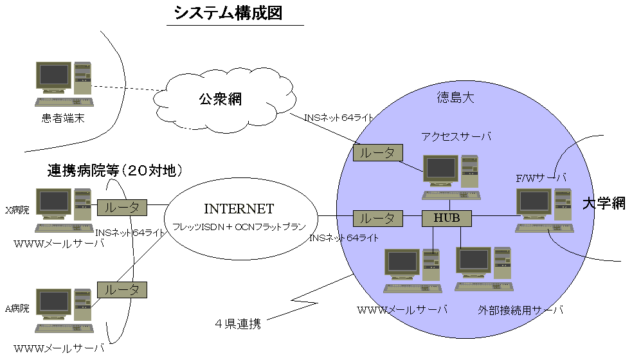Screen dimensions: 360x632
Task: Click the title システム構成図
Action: (x=228, y=13)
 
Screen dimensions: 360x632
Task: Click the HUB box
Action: (x=447, y=218)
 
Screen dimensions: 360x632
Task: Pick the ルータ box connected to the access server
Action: (x=378, y=152)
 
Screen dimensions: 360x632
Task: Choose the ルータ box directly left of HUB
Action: (x=378, y=218)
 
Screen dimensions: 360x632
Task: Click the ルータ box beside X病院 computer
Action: (x=122, y=208)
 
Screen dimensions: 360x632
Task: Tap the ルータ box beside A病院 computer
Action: (x=122, y=289)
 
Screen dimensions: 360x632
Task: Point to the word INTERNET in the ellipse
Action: (x=239, y=209)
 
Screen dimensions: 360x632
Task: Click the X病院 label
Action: (x=17, y=210)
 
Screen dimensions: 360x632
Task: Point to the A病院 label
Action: (x=17, y=309)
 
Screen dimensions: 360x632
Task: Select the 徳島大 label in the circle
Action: (x=455, y=98)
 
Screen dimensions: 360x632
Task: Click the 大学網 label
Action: (x=604, y=204)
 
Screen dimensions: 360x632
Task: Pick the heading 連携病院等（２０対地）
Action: (x=116, y=171)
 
